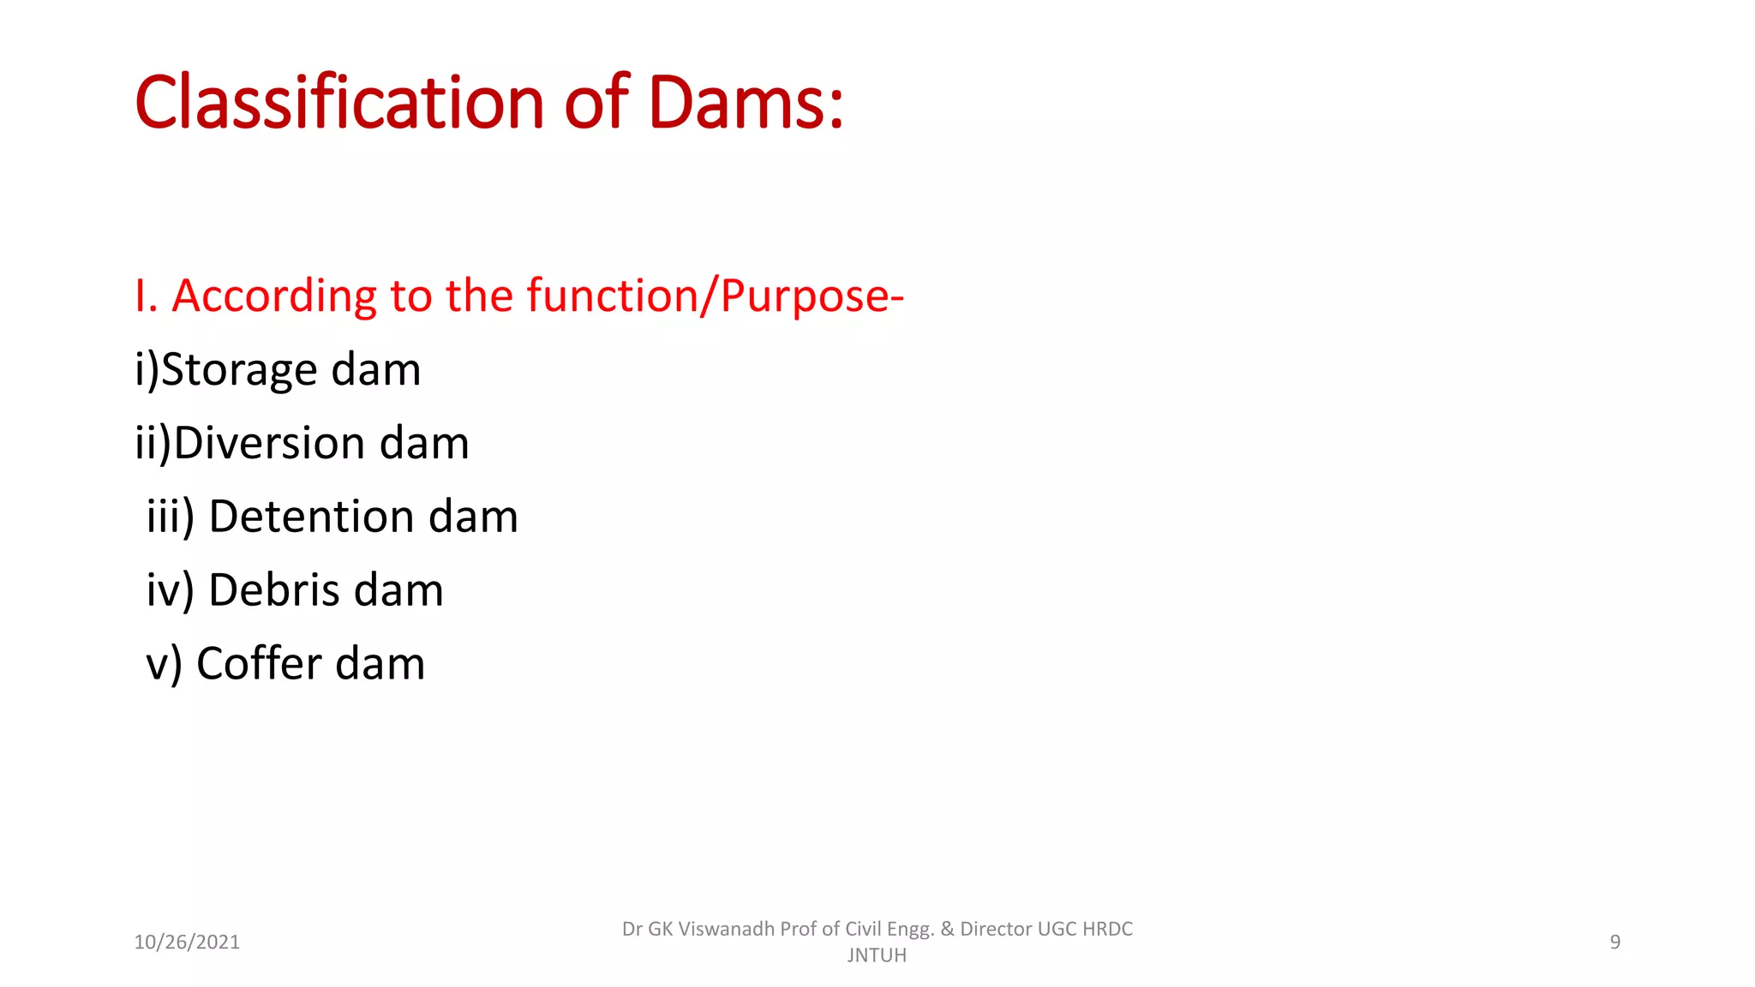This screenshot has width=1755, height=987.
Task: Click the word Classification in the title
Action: (x=339, y=103)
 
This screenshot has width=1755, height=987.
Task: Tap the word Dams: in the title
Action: (x=746, y=103)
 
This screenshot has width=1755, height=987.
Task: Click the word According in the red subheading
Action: (x=274, y=296)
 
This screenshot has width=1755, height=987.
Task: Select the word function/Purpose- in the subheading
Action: (x=716, y=296)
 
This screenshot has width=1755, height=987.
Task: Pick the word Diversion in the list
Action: (x=270, y=444)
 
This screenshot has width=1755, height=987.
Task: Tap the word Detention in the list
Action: (x=312, y=517)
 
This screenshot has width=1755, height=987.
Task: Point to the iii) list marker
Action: (x=171, y=517)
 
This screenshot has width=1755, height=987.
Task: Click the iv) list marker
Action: (x=171, y=591)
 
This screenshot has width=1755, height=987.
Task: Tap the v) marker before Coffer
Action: (x=164, y=665)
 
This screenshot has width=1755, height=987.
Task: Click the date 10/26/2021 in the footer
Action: (x=187, y=942)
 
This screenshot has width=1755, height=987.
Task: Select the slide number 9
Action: (x=1614, y=942)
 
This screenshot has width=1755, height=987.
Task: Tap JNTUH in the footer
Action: (x=877, y=955)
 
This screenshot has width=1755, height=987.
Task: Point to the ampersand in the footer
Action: (x=947, y=930)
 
